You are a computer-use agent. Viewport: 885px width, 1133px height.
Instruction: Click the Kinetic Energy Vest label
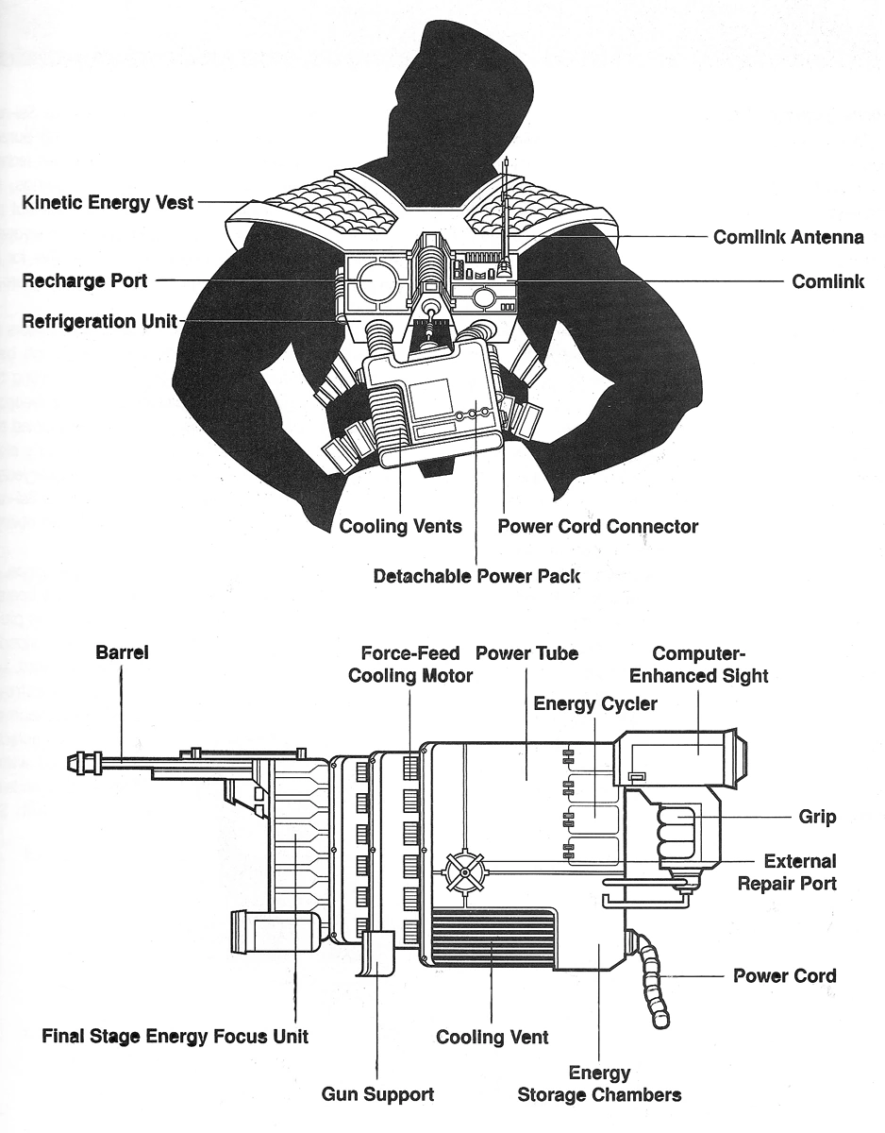coord(108,202)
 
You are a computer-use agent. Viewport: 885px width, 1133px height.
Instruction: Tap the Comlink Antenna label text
coord(788,237)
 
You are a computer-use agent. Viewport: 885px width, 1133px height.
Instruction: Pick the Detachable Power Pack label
coord(476,575)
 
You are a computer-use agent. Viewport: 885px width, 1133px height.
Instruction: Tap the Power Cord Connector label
coord(597,526)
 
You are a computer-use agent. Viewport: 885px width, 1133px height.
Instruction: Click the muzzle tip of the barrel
coord(73,759)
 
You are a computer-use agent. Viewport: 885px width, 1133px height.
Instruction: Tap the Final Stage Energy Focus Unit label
coord(175,1037)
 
